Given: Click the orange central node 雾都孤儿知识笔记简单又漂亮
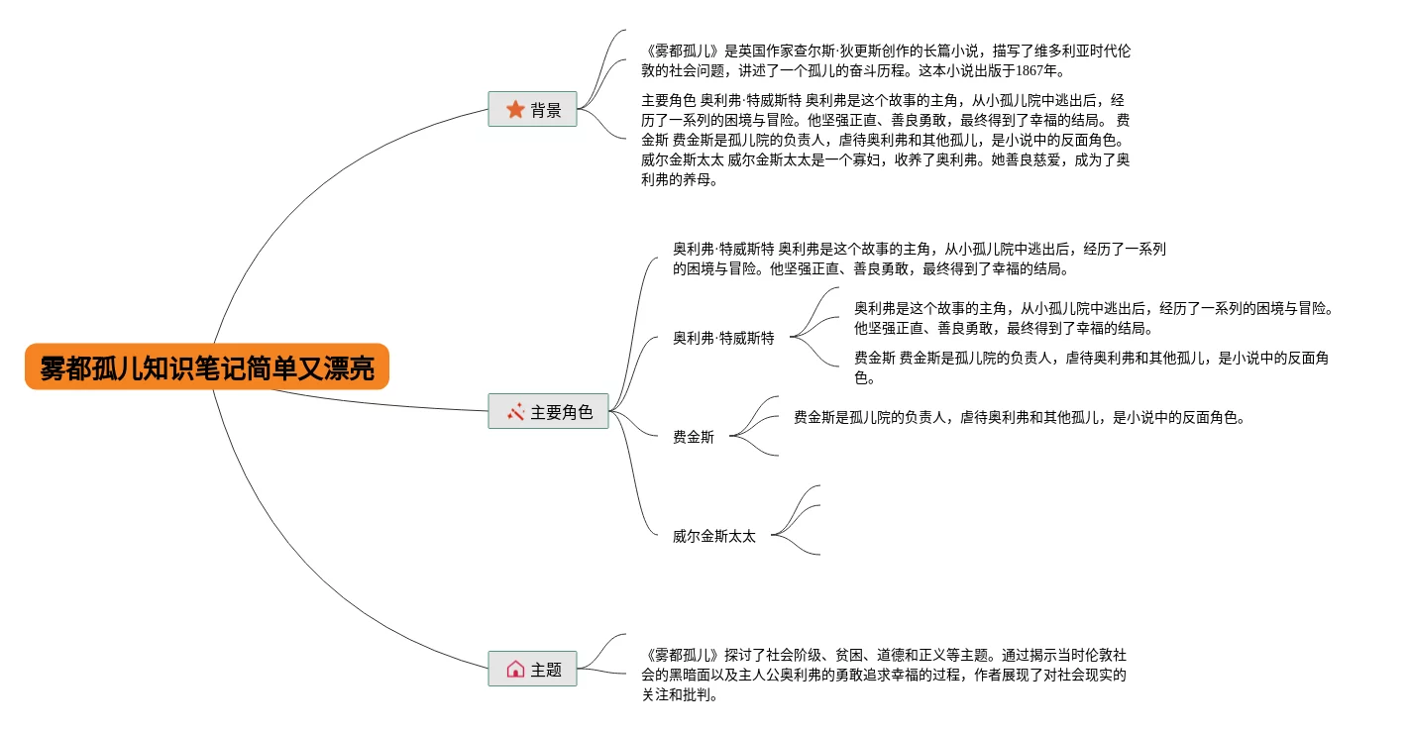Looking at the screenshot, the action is (207, 367).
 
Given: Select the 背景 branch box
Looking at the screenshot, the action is (532, 110).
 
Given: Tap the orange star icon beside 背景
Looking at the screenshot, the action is (515, 110).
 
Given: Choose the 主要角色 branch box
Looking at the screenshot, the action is (548, 411).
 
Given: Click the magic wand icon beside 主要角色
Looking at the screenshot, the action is (515, 411).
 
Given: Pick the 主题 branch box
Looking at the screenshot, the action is (532, 669).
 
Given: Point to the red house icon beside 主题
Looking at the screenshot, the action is (515, 669).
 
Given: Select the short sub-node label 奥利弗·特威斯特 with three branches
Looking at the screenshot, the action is (723, 338).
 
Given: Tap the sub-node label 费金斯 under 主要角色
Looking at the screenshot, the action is (693, 437).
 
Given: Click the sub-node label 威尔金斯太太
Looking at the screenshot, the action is (713, 536).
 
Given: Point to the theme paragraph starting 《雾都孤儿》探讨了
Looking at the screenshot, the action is (885, 675).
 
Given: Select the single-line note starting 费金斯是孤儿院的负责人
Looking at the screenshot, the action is (1018, 417).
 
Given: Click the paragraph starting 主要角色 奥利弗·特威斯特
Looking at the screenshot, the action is (885, 140).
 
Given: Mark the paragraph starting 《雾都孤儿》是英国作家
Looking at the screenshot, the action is (885, 59).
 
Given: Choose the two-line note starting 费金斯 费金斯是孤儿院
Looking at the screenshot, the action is (1090, 367).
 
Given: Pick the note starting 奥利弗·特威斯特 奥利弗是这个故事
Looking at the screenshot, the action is (919, 259).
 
